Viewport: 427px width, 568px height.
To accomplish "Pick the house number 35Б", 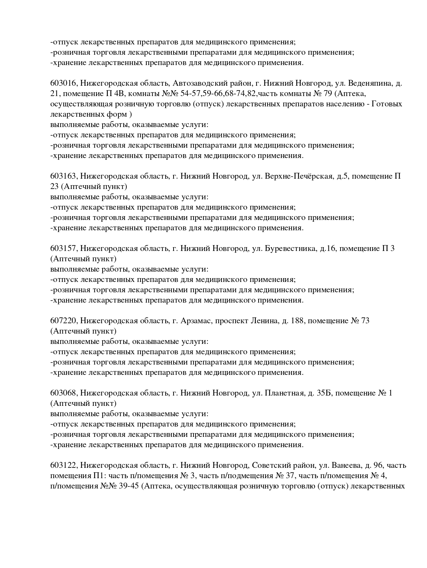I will (323, 393).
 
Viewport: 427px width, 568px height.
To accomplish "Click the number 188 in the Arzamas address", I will (298, 321).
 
